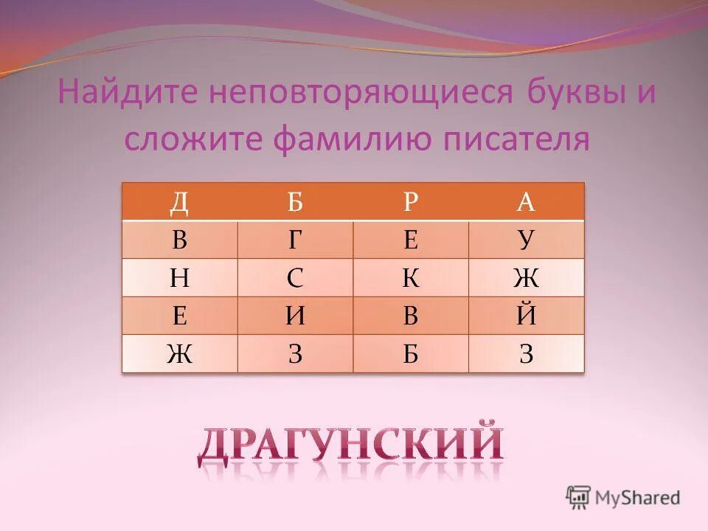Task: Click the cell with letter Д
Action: tap(179, 202)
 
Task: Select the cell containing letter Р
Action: tap(411, 202)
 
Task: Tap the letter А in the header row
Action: tap(526, 202)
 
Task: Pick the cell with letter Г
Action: tap(295, 240)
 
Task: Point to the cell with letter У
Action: tap(526, 240)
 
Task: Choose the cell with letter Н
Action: tap(179, 278)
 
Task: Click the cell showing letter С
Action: tap(295, 278)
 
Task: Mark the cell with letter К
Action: tap(411, 278)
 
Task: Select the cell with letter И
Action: tap(295, 316)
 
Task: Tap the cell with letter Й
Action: tap(526, 316)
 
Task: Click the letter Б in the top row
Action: tap(295, 202)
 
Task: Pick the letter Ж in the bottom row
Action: tap(179, 355)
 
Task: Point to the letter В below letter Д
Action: tap(179, 240)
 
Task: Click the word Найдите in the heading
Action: tap(127, 94)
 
